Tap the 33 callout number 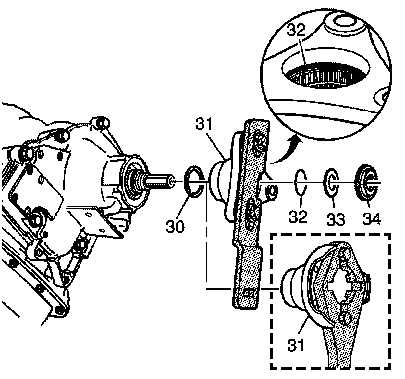tap(336, 219)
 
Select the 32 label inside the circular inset tap(296, 31)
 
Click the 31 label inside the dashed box tap(296, 344)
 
